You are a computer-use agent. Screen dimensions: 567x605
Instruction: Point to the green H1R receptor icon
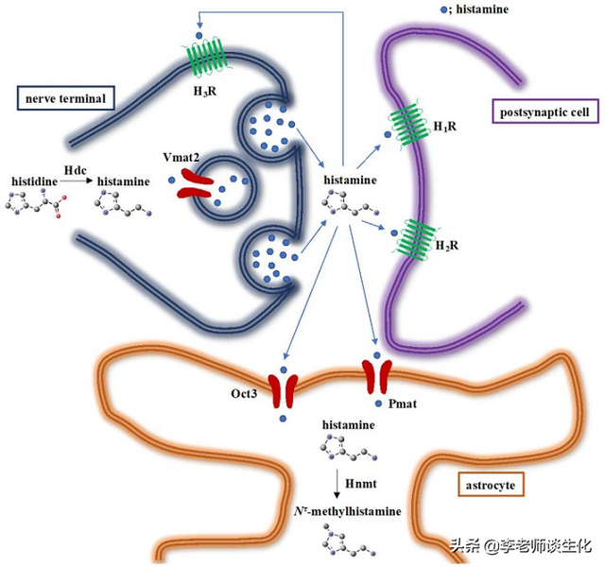click(410, 125)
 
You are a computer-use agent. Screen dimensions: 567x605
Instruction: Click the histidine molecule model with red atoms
click(38, 202)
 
